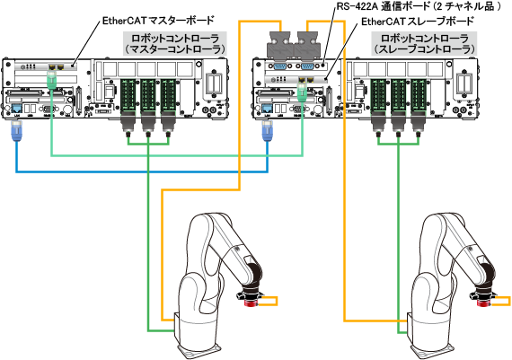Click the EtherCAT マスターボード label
tap(158, 21)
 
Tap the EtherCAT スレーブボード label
tap(418, 22)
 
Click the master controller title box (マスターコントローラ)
tap(175, 44)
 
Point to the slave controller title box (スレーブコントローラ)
tap(425, 44)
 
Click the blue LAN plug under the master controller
tap(16, 131)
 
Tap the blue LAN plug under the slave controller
tap(267, 131)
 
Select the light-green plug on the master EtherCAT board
tap(51, 80)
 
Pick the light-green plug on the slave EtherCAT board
tap(302, 91)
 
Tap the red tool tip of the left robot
tap(252, 303)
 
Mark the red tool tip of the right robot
tap(483, 303)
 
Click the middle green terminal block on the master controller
tap(148, 95)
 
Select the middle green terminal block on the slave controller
tap(398, 95)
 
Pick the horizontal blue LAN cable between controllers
tap(142, 171)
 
